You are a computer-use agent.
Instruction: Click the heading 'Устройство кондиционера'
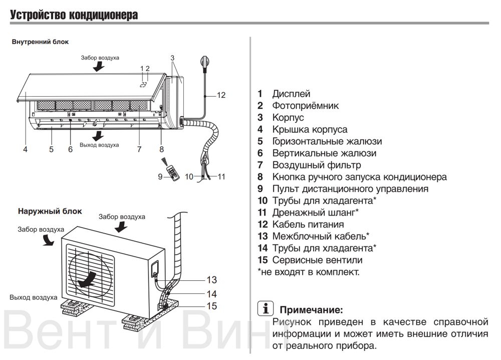(x=74, y=15)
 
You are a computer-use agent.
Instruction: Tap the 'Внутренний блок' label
(x=40, y=42)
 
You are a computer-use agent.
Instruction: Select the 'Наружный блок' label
(x=50, y=211)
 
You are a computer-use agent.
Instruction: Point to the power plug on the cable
(x=205, y=62)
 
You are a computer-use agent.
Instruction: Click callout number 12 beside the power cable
(x=221, y=95)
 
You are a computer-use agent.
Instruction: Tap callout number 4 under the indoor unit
(x=25, y=149)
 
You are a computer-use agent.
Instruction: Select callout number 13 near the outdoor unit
(x=211, y=280)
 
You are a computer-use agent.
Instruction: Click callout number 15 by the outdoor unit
(x=211, y=306)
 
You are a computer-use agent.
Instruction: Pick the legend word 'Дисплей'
(x=291, y=94)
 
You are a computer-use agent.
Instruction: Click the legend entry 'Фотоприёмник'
(x=305, y=106)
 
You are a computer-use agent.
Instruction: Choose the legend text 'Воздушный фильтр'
(x=316, y=165)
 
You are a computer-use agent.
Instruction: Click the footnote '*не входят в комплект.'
(x=308, y=272)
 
